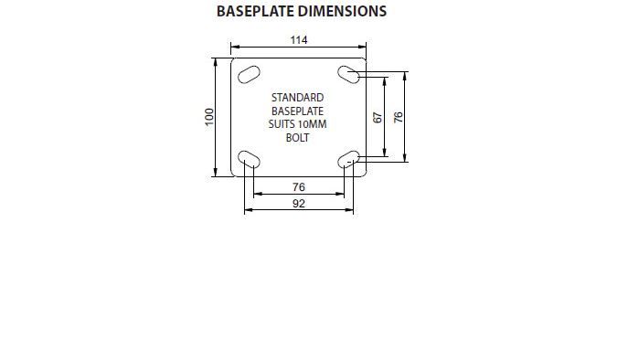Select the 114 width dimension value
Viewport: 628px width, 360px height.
[x=299, y=40]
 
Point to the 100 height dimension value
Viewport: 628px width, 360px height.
[x=209, y=117]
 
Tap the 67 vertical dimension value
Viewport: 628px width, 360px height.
[x=378, y=117]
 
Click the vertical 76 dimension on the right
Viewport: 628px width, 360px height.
[x=399, y=117]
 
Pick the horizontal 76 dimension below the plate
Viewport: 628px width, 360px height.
[x=299, y=187]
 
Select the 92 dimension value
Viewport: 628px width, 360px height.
[x=299, y=204]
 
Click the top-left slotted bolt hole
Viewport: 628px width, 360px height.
[x=249, y=75]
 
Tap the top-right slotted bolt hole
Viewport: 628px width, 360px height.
[x=348, y=75]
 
